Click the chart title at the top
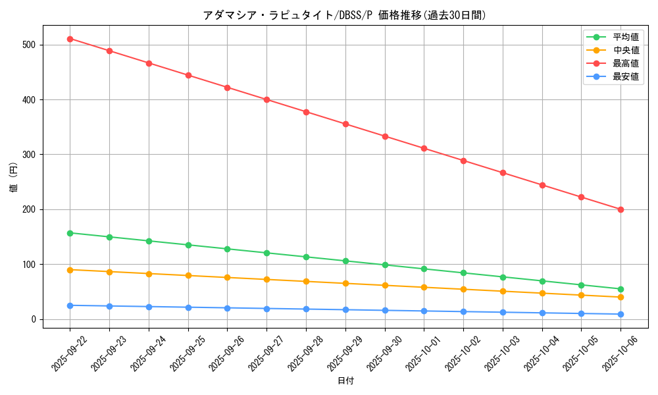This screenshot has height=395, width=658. pos(345,15)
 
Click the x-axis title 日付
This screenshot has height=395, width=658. pos(345,381)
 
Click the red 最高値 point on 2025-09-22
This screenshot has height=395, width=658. pos(70,39)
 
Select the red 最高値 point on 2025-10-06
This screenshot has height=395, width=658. pos(620,209)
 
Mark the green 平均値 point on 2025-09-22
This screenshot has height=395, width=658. pos(70,233)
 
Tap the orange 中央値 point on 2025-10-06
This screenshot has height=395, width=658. pos(620,297)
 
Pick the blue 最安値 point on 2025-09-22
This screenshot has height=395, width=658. pos(70,305)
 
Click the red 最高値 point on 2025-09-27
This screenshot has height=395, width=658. pos(266,99)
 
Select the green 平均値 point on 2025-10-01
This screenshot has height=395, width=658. pos(424,269)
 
